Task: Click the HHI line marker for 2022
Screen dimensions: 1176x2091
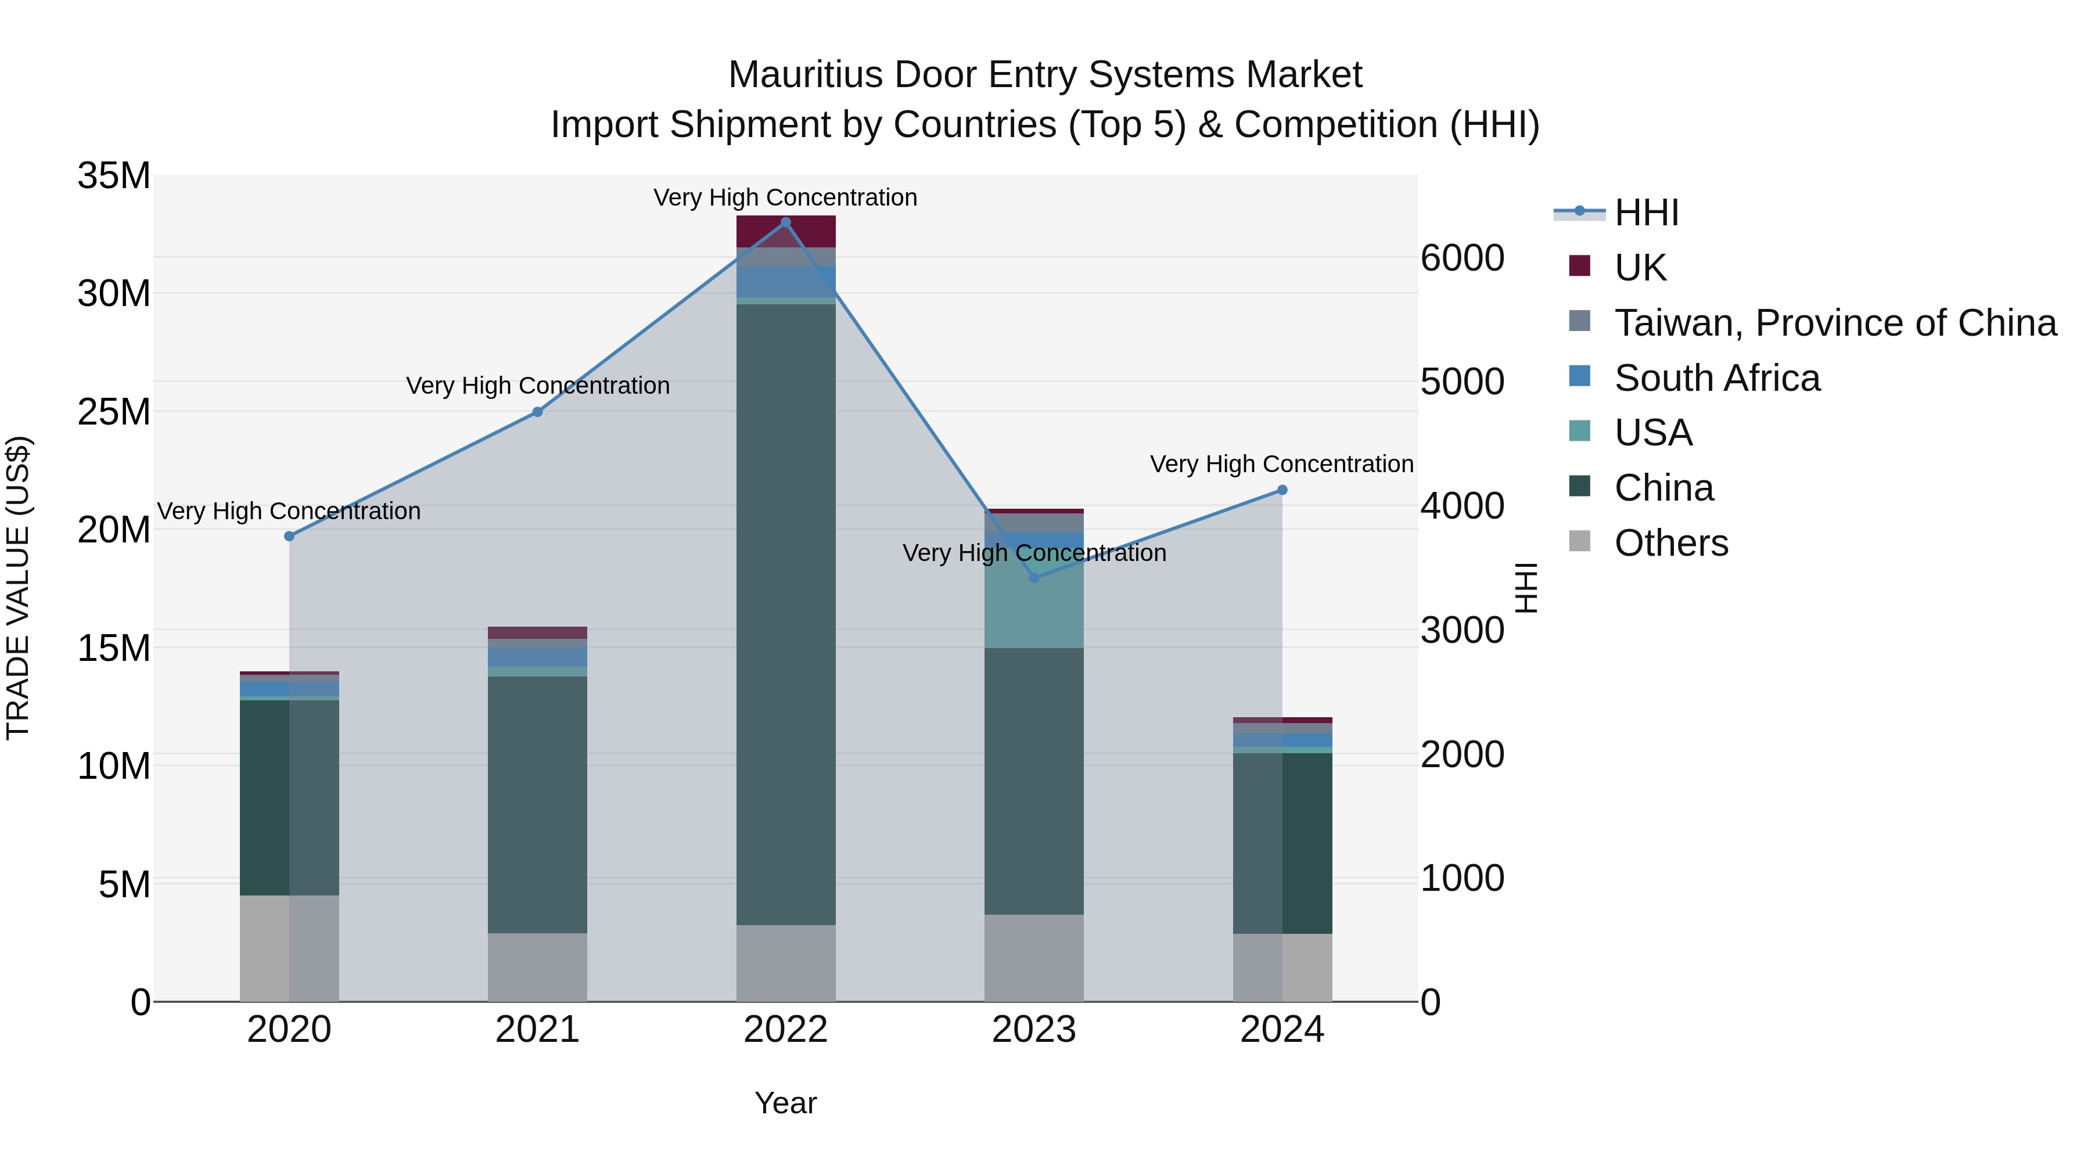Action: (x=785, y=222)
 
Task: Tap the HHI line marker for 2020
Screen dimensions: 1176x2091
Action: (x=289, y=537)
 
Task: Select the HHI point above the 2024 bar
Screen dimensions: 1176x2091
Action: (x=1282, y=490)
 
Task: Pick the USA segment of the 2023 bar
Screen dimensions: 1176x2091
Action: (x=1033, y=600)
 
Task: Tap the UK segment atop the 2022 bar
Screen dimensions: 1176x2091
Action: (x=785, y=231)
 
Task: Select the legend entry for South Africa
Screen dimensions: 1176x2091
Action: (x=1717, y=378)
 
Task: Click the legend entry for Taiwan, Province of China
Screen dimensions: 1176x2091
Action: (x=1834, y=323)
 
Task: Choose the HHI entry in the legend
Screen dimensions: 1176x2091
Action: (x=1646, y=213)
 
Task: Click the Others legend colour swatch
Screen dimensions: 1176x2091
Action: (x=1580, y=541)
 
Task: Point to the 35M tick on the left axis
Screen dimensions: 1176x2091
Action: (x=114, y=176)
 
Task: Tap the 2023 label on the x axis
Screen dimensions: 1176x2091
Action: (x=1033, y=1030)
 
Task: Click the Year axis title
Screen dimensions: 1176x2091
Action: (x=785, y=1103)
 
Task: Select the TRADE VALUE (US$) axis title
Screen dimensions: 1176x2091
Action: (x=18, y=588)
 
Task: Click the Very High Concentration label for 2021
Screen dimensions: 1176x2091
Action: (x=537, y=386)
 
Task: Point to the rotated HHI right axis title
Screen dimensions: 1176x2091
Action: (x=1526, y=588)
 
